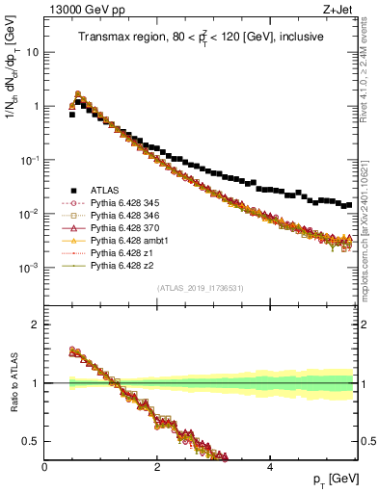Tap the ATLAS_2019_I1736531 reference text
coord(201,288)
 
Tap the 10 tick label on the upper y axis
coord(32,52)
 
